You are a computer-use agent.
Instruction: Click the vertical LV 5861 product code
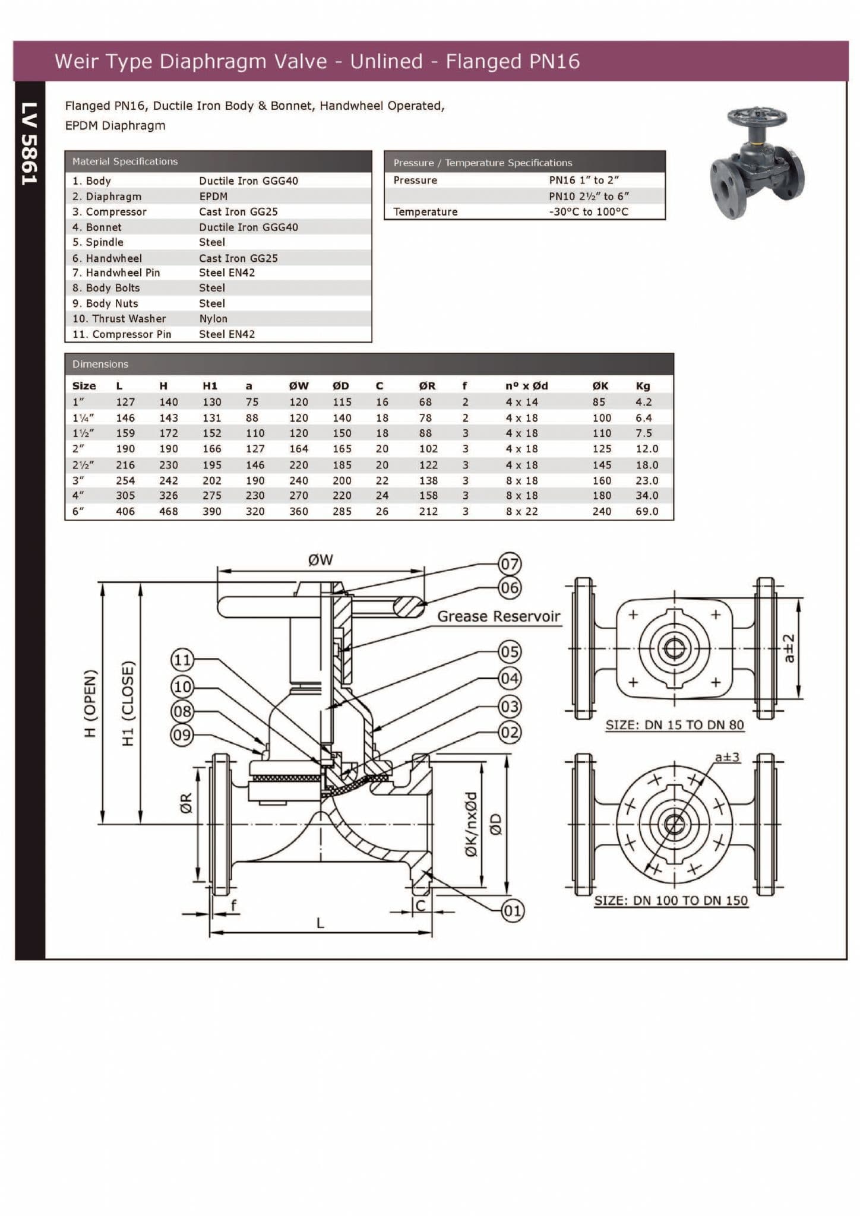click(30, 144)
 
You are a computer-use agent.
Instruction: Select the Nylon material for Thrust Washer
click(213, 319)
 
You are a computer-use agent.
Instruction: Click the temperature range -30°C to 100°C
click(588, 212)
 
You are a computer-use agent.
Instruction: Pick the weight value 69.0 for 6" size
click(647, 511)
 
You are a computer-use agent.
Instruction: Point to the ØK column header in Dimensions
click(600, 386)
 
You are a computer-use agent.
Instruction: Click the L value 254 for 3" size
click(125, 480)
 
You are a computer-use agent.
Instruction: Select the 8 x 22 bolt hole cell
click(521, 511)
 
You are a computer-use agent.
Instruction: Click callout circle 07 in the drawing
click(510, 563)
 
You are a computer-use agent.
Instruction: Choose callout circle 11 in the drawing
click(182, 660)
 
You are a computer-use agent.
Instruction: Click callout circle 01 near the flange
click(512, 911)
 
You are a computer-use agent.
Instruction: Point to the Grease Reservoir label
click(498, 616)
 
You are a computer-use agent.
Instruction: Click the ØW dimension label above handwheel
click(320, 560)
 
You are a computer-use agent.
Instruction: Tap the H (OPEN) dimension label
click(90, 703)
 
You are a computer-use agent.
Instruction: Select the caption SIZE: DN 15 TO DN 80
click(674, 725)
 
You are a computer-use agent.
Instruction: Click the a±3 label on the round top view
click(727, 757)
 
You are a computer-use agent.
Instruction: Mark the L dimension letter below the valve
click(320, 923)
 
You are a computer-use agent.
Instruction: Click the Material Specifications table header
click(125, 161)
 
